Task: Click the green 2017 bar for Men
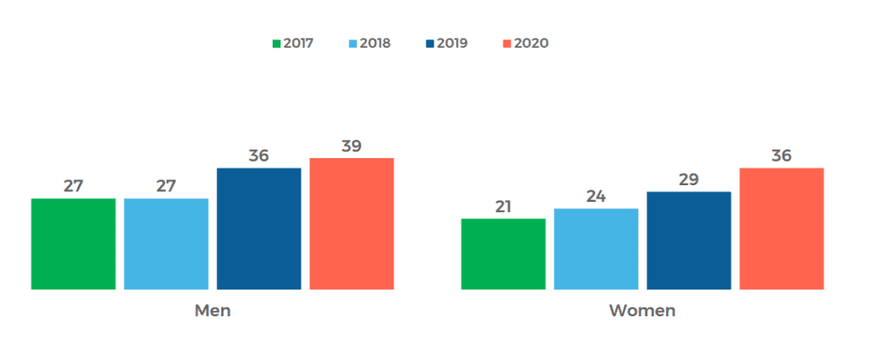click(73, 244)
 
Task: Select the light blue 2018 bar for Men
click(166, 244)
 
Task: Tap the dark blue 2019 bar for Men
click(259, 228)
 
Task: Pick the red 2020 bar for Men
click(351, 224)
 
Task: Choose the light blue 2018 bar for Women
click(596, 249)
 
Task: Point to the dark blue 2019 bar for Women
click(689, 240)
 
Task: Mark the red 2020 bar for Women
click(781, 228)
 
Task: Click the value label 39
click(351, 146)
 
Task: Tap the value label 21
click(503, 207)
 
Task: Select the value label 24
click(596, 197)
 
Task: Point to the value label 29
click(689, 180)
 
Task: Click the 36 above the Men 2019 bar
click(259, 156)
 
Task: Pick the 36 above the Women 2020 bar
click(781, 156)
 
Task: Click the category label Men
click(212, 311)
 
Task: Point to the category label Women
click(642, 311)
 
